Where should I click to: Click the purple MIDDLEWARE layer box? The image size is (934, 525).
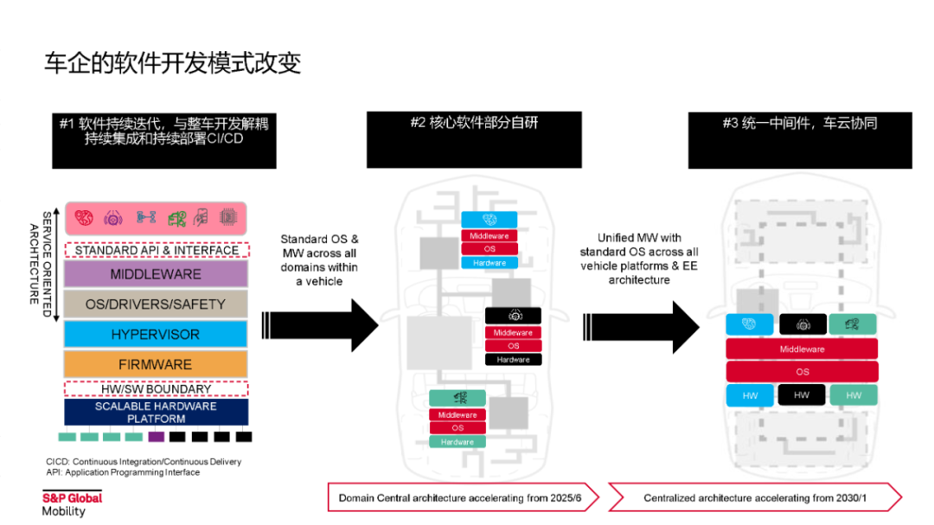[x=156, y=274]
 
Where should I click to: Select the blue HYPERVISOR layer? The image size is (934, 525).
[x=156, y=335]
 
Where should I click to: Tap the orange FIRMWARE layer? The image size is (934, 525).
[x=156, y=364]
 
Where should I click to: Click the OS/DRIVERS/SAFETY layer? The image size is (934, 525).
[x=156, y=304]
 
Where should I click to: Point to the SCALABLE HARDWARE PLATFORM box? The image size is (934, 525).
[x=156, y=412]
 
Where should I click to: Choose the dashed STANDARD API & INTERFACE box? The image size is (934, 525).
[x=156, y=250]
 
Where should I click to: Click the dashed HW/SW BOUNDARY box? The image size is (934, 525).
[x=156, y=388]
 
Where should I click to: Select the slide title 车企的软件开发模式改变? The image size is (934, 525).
[x=173, y=64]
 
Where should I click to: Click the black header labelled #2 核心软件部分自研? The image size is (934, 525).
[x=474, y=139]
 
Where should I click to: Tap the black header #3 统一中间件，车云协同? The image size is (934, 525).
[x=800, y=139]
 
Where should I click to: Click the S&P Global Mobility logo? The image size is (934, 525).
[x=72, y=503]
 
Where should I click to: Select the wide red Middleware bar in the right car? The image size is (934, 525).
[x=802, y=349]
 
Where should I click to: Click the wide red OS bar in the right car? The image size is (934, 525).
[x=802, y=372]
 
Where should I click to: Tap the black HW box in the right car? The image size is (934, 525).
[x=802, y=395]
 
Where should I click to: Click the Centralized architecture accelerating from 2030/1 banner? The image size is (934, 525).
[x=754, y=497]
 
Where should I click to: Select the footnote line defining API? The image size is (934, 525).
[x=123, y=472]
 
